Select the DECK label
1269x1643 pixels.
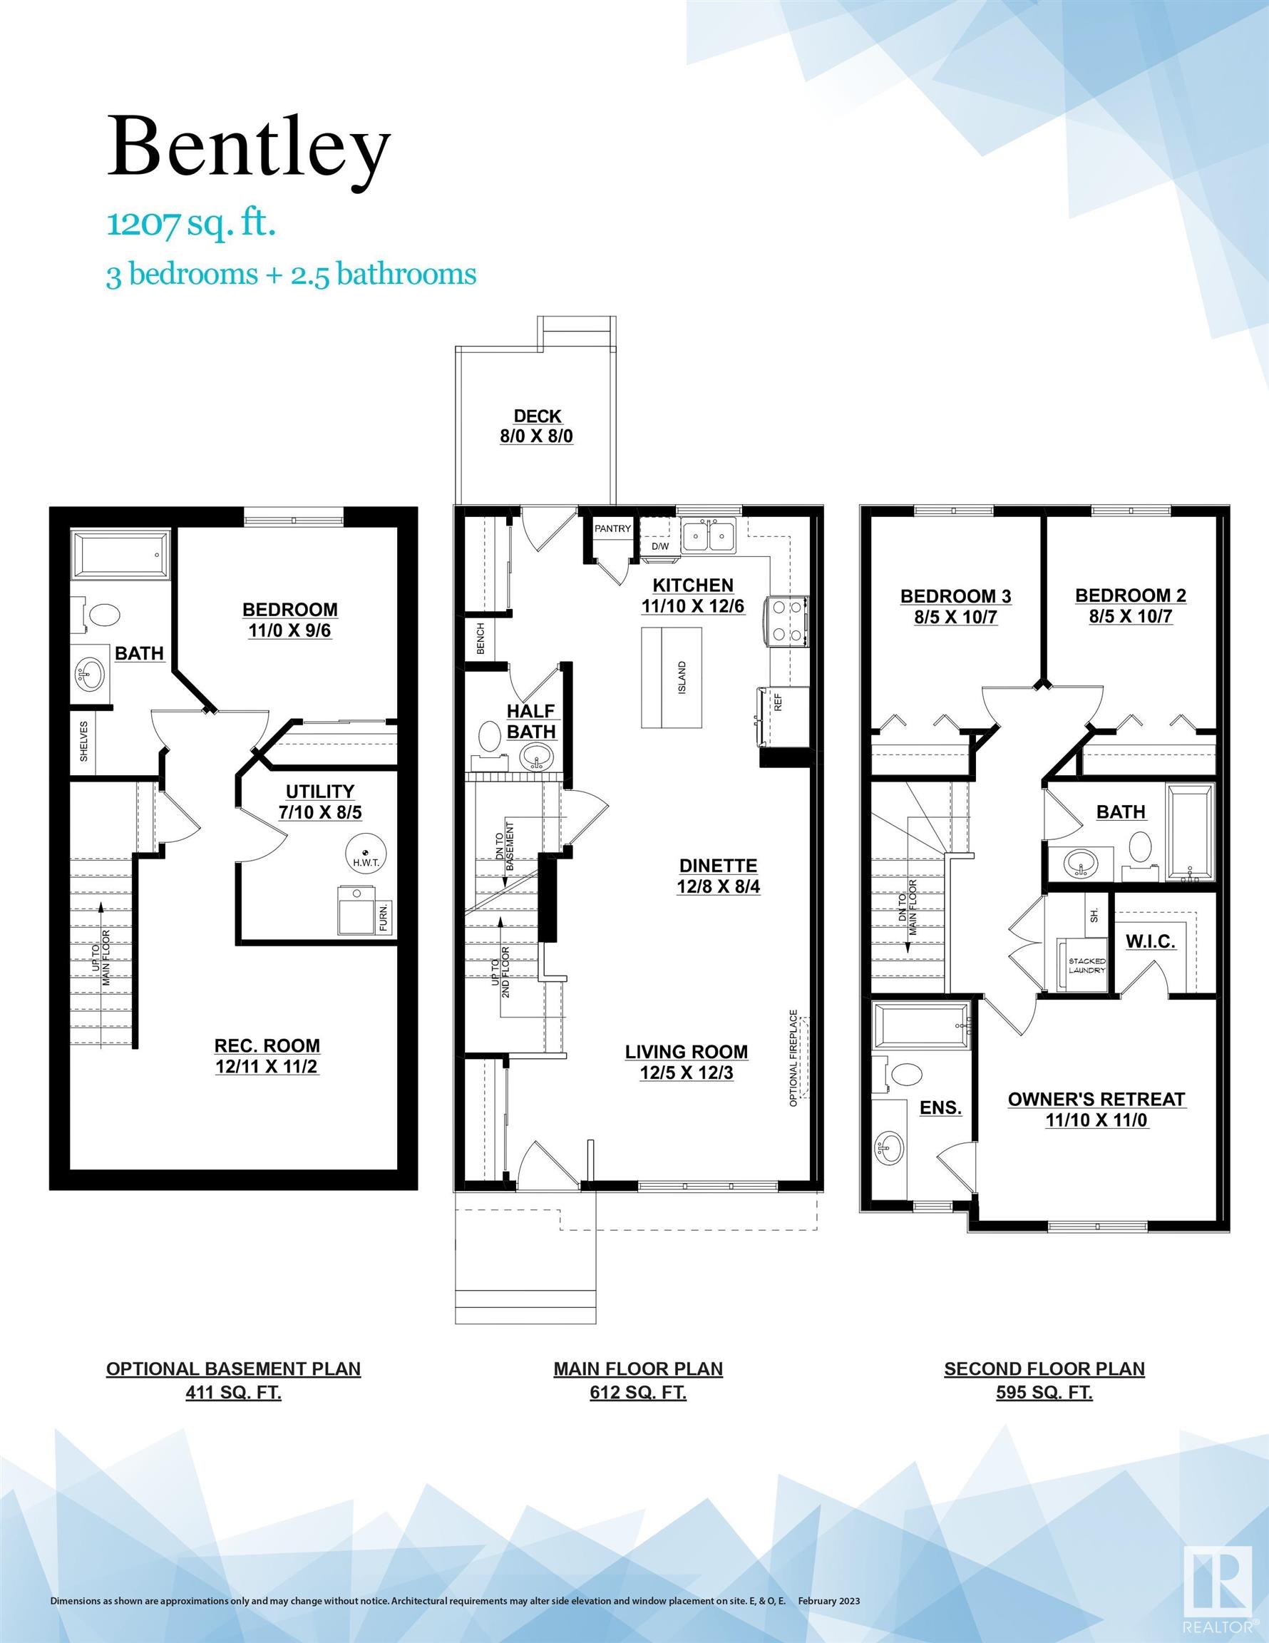click(x=537, y=416)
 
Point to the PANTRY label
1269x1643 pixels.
click(x=612, y=529)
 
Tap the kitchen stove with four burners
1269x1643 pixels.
click(x=787, y=621)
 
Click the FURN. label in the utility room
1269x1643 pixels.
click(x=384, y=917)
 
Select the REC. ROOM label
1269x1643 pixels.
click(x=267, y=1045)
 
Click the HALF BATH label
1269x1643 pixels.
click(x=530, y=722)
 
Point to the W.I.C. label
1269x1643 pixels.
click(x=1150, y=941)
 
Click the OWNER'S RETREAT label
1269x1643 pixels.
click(x=1096, y=1099)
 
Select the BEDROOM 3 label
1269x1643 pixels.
click(x=955, y=596)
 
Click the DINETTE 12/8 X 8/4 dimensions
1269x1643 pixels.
click(x=719, y=887)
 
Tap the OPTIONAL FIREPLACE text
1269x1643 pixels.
click(x=793, y=1058)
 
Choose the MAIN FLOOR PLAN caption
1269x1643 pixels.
click(x=638, y=1368)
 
